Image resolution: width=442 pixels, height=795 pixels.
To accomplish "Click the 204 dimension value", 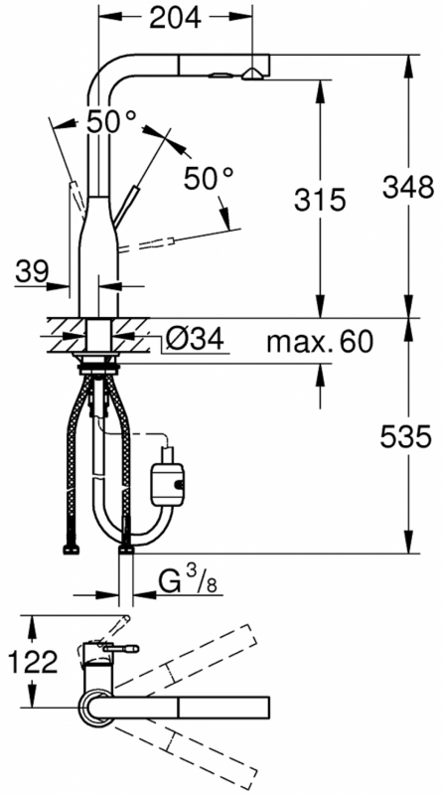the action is point(176,18).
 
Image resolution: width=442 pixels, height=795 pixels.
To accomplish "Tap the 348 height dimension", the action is point(408,188).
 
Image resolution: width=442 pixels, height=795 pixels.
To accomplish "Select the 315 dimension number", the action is point(320,200).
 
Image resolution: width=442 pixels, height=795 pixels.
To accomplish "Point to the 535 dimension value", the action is point(406,436).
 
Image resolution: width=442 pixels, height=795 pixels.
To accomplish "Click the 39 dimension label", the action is point(32,271).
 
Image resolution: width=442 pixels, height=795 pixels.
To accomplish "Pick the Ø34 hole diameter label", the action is point(194,339).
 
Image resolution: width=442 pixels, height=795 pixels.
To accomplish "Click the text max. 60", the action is point(320,342).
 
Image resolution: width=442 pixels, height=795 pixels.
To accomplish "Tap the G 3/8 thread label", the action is point(188,581).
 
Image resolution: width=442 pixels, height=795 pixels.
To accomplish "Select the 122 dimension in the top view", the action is point(33,662).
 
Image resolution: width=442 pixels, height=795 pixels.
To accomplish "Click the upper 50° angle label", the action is point(111,121).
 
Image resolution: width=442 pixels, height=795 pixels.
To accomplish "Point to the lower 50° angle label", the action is point(209,178).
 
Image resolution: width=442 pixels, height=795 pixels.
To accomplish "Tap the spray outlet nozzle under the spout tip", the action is point(252,76).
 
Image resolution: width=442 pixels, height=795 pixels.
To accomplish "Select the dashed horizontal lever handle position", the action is point(148,243).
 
